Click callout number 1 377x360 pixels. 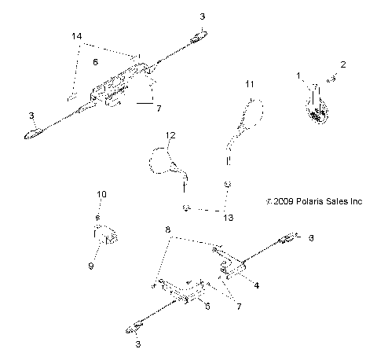point(299,75)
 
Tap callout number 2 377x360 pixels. point(342,64)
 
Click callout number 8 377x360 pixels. point(167,230)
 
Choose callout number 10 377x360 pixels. point(101,193)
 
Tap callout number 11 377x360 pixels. point(249,83)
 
